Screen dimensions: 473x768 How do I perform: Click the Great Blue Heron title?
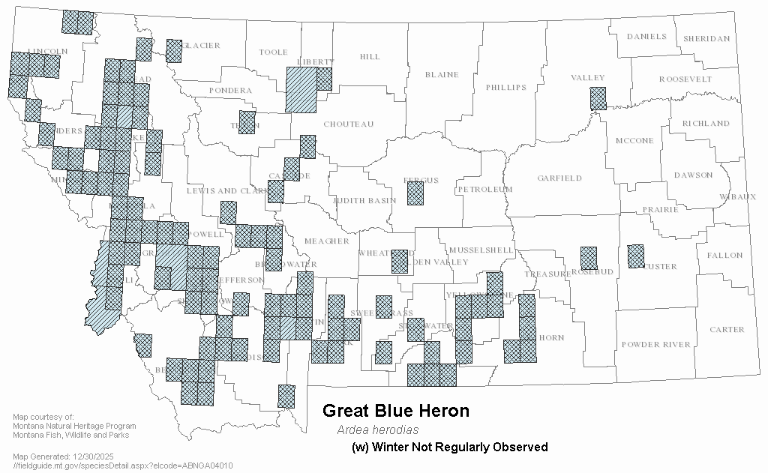click(x=395, y=411)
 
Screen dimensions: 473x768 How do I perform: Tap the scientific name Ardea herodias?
click(x=377, y=430)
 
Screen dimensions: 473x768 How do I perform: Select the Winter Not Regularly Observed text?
click(x=450, y=448)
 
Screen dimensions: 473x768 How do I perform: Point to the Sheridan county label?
click(x=706, y=39)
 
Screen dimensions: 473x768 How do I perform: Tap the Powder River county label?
click(x=655, y=345)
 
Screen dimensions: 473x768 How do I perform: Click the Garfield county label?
click(x=559, y=178)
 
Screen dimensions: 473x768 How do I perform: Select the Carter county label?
click(x=727, y=330)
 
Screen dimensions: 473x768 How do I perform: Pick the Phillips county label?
click(x=505, y=88)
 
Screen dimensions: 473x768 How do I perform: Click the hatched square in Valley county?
click(x=598, y=98)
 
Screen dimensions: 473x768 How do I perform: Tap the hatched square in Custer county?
click(x=636, y=256)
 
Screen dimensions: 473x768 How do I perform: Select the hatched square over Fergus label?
click(x=415, y=193)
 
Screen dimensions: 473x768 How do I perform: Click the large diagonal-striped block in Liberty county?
click(x=301, y=90)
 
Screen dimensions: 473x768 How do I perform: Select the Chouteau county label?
click(x=348, y=124)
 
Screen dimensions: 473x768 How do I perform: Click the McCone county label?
click(x=634, y=141)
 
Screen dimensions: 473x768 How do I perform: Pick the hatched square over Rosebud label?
click(x=589, y=259)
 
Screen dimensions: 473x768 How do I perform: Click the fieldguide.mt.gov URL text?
click(x=123, y=466)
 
